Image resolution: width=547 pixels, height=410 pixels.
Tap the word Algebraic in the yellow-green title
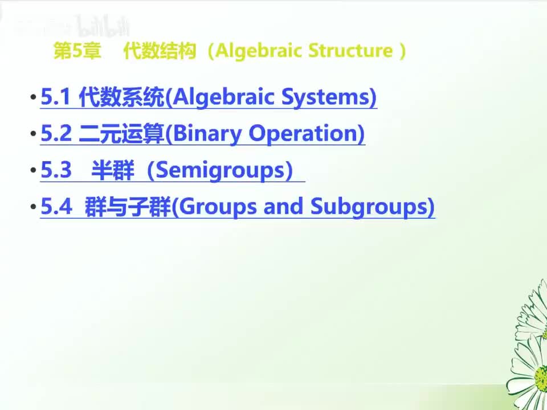[x=260, y=51]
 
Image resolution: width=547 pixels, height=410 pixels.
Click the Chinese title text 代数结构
[x=160, y=51]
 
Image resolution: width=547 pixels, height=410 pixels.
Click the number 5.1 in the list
[x=55, y=98]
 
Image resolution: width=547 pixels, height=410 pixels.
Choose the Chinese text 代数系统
[x=121, y=98]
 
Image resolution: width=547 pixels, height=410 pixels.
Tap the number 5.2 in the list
[x=55, y=134]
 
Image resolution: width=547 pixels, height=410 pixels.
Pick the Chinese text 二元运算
[x=121, y=134]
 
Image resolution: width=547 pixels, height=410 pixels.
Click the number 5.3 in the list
[x=55, y=170]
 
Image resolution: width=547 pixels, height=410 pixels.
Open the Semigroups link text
[x=220, y=170]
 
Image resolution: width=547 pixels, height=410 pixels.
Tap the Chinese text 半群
[x=112, y=170]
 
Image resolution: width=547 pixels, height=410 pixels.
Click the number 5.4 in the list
[x=55, y=207]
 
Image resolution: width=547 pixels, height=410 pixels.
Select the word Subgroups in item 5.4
[x=370, y=207]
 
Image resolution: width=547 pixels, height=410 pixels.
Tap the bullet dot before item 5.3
[x=33, y=171]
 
